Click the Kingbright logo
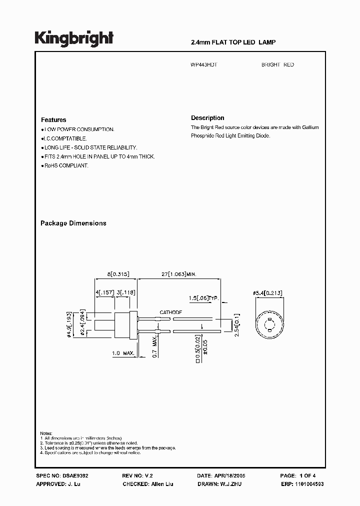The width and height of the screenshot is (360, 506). [74, 38]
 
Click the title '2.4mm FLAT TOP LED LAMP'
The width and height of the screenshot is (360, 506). [233, 42]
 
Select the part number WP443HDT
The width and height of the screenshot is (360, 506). [204, 65]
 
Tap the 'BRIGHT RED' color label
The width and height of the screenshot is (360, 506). [277, 65]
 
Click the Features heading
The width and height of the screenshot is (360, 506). [53, 120]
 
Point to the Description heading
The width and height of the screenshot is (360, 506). [207, 118]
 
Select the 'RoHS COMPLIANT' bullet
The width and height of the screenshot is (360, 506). [65, 165]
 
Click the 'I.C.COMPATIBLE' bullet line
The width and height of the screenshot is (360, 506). [65, 138]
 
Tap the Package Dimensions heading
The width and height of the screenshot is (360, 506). [73, 223]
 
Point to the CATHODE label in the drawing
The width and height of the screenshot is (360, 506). [171, 312]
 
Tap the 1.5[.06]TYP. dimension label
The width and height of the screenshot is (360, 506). [203, 298]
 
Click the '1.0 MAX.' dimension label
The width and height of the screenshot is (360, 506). [123, 353]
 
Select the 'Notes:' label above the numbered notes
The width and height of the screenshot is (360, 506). [46, 433]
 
